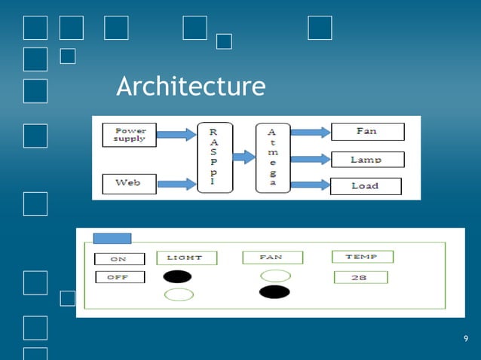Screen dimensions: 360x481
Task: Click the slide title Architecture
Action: point(191,87)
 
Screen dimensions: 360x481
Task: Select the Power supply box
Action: point(129,134)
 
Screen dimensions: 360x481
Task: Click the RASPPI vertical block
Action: point(216,157)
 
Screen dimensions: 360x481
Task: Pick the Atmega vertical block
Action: point(272,157)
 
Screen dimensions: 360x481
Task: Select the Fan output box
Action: point(367,132)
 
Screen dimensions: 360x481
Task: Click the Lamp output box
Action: point(367,159)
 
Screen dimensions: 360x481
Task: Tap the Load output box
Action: point(366,185)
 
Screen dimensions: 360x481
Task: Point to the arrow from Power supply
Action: point(176,135)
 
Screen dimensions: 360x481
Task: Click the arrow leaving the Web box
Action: point(176,183)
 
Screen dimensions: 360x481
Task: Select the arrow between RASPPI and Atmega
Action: point(244,157)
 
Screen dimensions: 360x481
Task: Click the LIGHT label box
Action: point(186,258)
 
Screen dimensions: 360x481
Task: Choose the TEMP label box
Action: point(360,257)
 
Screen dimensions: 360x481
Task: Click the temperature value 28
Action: point(360,277)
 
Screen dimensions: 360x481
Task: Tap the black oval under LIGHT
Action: point(177,276)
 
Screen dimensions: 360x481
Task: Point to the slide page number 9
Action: point(466,338)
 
